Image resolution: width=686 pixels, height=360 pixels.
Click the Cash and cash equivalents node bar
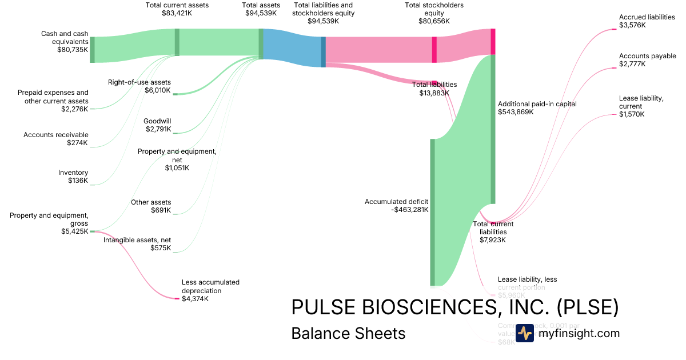coord(92,50)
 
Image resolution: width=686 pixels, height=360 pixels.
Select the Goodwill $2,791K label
coord(157,125)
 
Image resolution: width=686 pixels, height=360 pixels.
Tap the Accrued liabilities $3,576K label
coord(647,21)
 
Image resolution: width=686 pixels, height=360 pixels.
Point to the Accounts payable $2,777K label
coord(647,60)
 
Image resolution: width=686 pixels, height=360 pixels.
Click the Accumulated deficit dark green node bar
coord(432,211)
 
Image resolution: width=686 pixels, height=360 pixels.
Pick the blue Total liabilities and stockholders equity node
coord(324,52)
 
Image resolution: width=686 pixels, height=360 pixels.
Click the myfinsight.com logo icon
coord(524,333)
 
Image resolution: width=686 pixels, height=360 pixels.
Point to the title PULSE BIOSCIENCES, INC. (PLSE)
coord(455,307)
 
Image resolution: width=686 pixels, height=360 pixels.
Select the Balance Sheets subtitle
coord(348,333)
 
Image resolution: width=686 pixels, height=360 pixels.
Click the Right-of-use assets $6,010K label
coord(139,86)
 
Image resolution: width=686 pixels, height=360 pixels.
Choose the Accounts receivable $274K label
coord(56,139)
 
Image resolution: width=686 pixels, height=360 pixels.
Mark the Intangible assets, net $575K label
coord(137,244)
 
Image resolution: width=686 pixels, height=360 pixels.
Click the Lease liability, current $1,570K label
coord(641,106)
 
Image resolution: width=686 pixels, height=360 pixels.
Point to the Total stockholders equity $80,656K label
coord(434,13)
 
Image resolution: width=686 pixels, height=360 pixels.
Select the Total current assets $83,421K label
coord(177,9)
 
